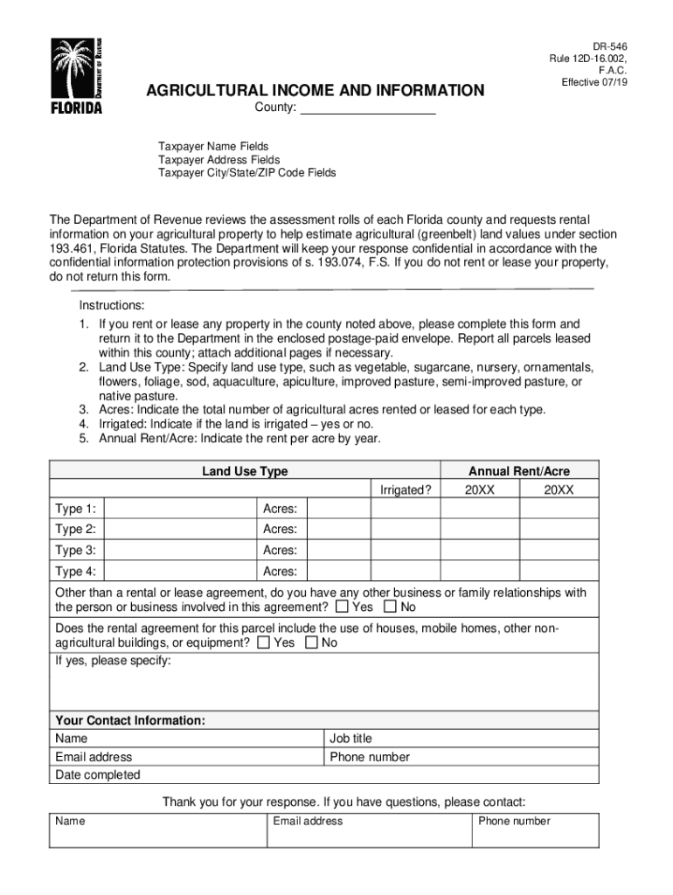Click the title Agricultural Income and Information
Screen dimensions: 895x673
coord(315,91)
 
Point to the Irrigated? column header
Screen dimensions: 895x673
coord(406,490)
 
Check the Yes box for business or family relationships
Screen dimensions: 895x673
coord(342,607)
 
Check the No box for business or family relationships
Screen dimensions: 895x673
coord(390,607)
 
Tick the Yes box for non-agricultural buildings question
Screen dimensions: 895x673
coord(263,643)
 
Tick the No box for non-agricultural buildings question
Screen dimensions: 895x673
coord(311,643)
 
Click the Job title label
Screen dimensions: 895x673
coord(350,739)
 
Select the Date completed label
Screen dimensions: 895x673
coord(97,775)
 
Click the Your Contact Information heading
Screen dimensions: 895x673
coord(130,721)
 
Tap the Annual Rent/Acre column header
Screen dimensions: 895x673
coord(519,471)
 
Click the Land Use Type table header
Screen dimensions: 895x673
coord(245,472)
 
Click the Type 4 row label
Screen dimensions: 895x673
coord(75,572)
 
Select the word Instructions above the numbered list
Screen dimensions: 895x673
coord(112,306)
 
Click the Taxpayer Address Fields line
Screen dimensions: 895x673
coord(219,160)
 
